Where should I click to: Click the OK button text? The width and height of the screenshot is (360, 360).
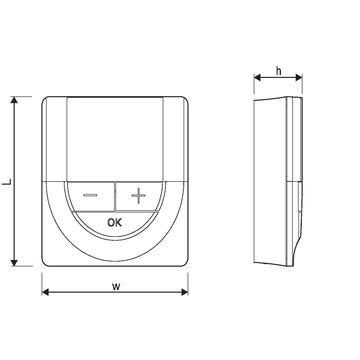tap(115, 222)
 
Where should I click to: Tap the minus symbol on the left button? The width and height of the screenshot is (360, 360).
tap(90, 195)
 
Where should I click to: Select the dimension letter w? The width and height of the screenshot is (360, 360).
tap(116, 287)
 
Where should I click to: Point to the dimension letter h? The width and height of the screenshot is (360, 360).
tap(278, 71)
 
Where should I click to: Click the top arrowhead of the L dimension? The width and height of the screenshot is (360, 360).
tap(14, 100)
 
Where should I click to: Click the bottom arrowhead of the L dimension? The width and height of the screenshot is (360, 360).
tap(14, 263)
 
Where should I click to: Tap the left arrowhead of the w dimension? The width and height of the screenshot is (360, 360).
tap(45, 292)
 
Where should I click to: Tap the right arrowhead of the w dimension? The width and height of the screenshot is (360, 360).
tap(185, 292)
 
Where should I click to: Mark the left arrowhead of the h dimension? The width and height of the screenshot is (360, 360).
tap(257, 78)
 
